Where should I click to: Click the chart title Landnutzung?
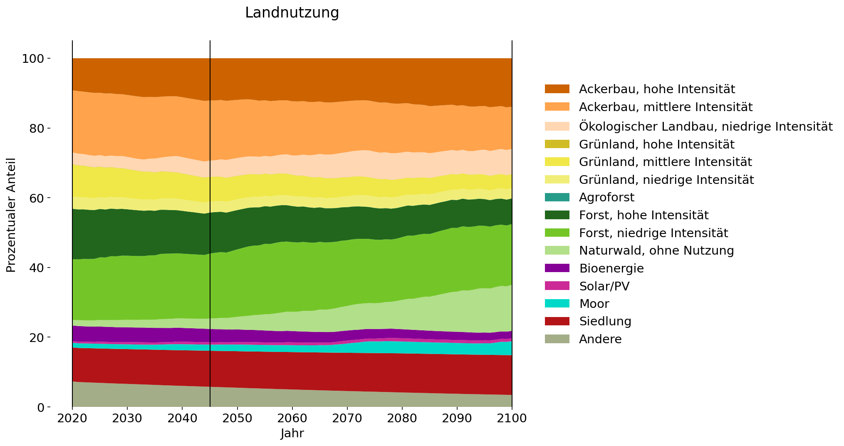[x=292, y=13]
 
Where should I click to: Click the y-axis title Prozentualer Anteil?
[x=11, y=215]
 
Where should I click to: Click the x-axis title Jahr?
[x=292, y=434]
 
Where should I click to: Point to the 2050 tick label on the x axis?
[x=237, y=418]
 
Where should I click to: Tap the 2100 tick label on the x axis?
[x=512, y=418]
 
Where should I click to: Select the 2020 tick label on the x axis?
[x=72, y=418]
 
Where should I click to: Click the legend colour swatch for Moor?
[x=557, y=304]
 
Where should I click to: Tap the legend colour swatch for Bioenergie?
[x=557, y=268]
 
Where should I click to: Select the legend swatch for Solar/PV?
[x=557, y=286]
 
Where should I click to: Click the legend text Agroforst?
[x=606, y=197]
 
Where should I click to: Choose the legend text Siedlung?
[x=605, y=322]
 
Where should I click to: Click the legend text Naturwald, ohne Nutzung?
[x=656, y=250]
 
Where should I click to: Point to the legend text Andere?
[x=600, y=339]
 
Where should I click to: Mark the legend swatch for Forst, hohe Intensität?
[x=557, y=215]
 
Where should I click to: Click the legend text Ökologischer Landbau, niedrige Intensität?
[x=705, y=126]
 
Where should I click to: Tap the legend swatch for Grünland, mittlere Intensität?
[x=557, y=162]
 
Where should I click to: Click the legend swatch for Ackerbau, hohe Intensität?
[x=557, y=89]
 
